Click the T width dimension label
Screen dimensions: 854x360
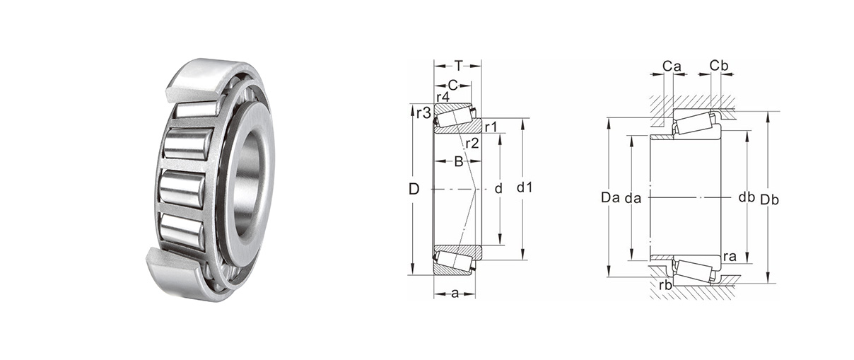coord(458,66)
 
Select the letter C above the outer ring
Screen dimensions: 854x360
coord(452,85)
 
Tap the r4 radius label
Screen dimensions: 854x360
coord(443,96)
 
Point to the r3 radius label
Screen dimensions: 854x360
coord(423,113)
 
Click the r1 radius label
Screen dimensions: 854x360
coord(491,127)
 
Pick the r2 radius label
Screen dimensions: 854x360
coord(472,144)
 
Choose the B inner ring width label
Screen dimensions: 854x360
coord(459,162)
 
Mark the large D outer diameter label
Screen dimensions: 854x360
coord(414,189)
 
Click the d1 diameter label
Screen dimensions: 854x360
coord(525,187)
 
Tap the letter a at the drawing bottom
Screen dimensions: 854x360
coord(455,294)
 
